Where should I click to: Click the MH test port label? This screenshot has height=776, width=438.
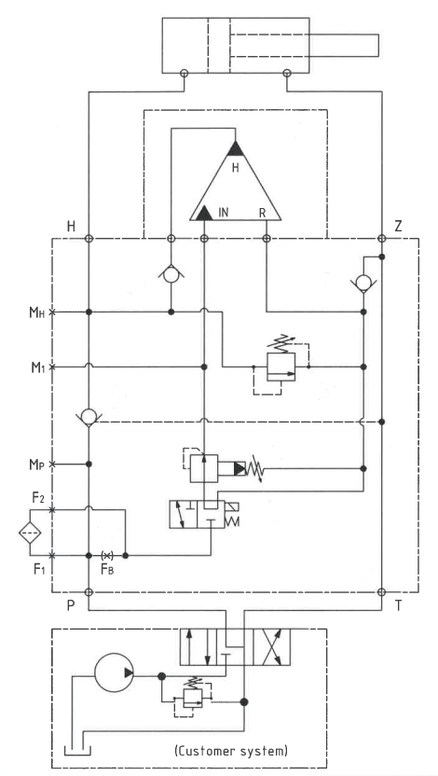click(37, 312)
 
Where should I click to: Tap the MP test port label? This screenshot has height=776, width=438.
click(37, 464)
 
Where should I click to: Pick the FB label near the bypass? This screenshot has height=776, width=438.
click(107, 569)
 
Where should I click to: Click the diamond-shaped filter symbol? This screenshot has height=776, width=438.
click(30, 533)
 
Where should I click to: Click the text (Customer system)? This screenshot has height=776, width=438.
click(231, 751)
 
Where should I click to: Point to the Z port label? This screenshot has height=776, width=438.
click(398, 227)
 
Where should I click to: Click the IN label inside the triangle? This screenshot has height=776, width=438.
click(224, 213)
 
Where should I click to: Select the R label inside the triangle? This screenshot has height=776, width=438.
click(263, 213)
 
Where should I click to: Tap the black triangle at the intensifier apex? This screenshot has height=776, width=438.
click(236, 149)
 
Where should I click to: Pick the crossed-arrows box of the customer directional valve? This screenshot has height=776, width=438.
click(271, 647)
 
